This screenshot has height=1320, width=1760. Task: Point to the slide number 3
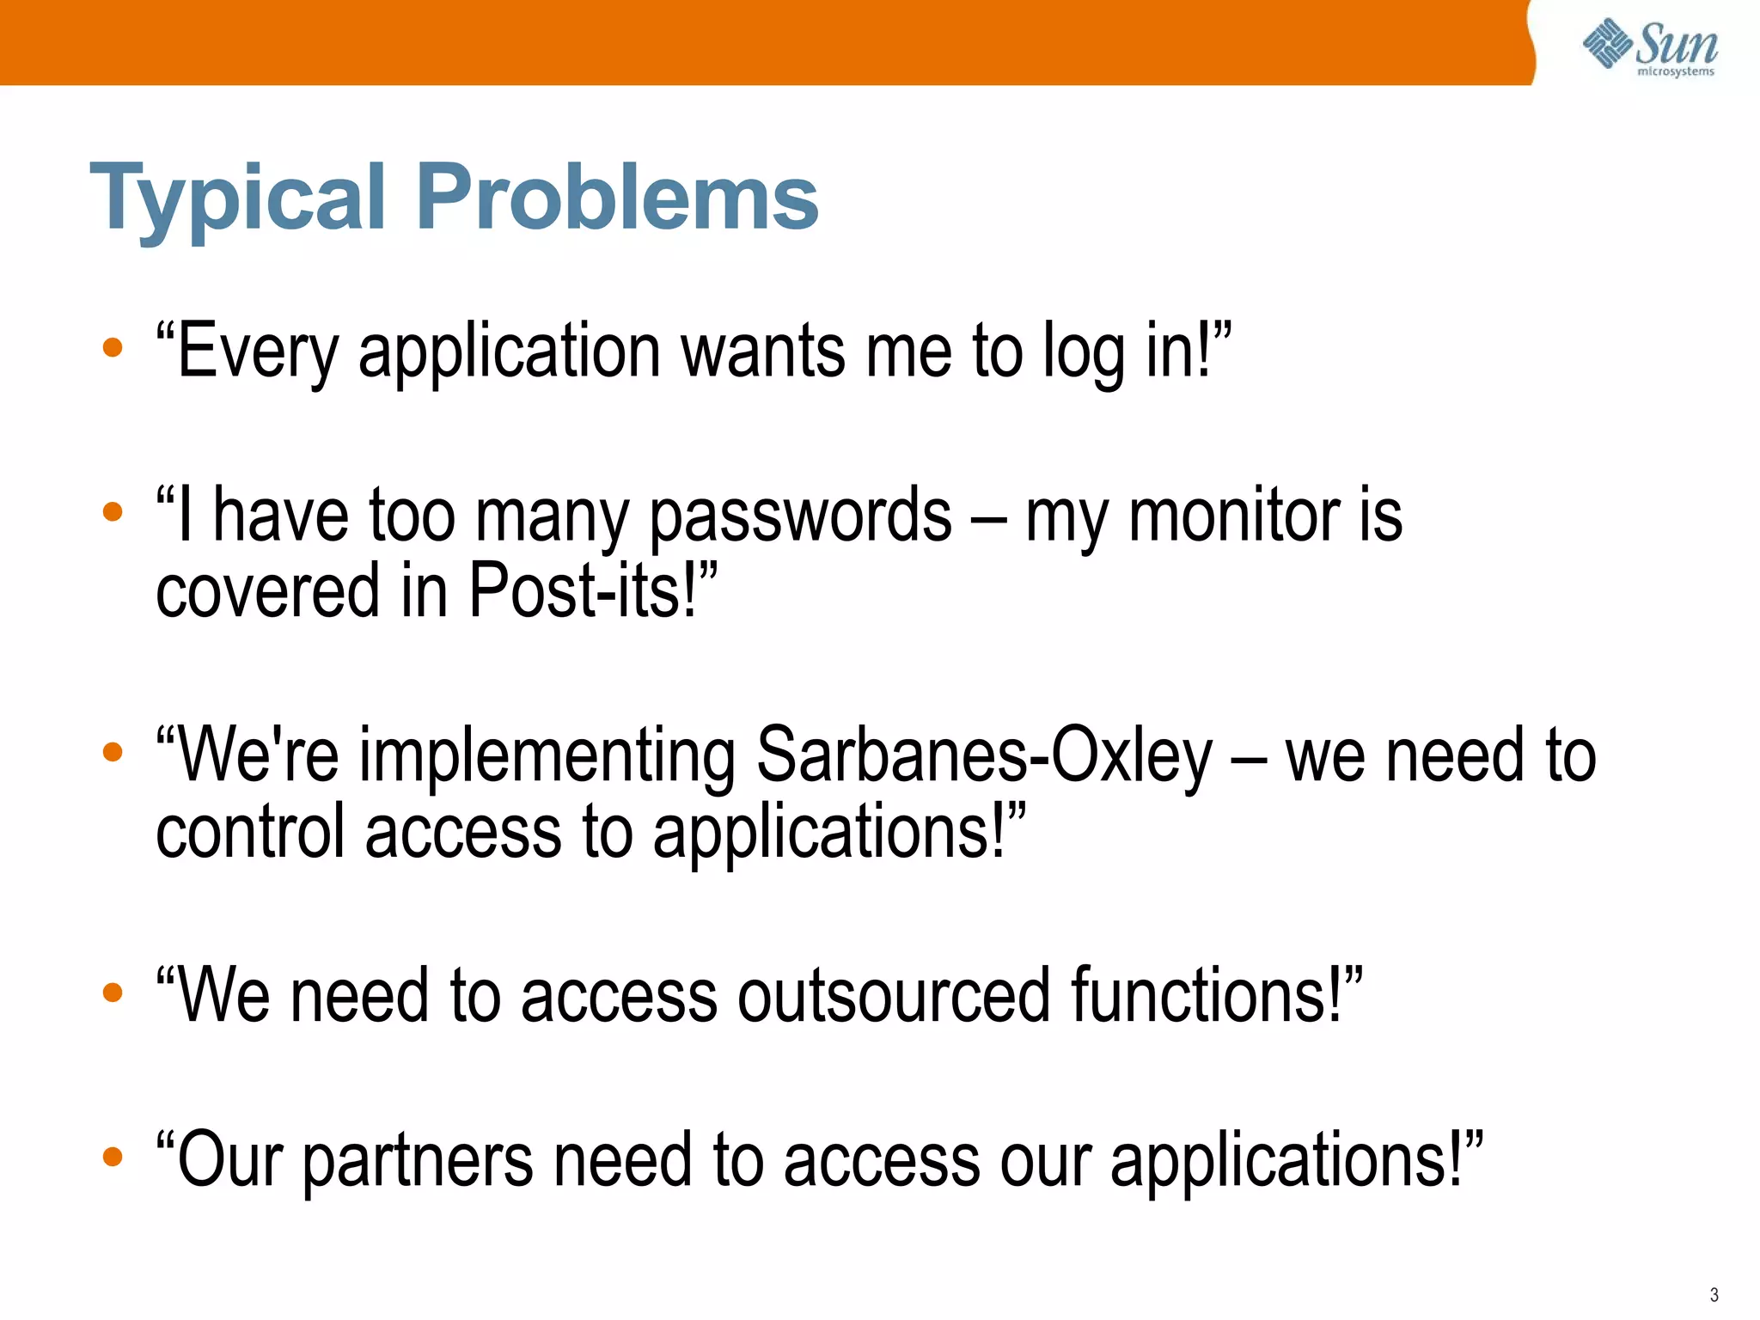[x=1714, y=1295]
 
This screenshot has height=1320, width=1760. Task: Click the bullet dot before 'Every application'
[x=113, y=348]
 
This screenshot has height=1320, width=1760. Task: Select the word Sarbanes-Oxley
[x=984, y=756]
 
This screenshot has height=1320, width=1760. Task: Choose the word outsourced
[x=893, y=996]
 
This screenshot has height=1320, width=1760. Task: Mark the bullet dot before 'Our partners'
[x=113, y=1157]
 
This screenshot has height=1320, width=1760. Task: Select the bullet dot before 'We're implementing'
[x=113, y=753]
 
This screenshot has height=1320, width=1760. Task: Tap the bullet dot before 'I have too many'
[x=113, y=512]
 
